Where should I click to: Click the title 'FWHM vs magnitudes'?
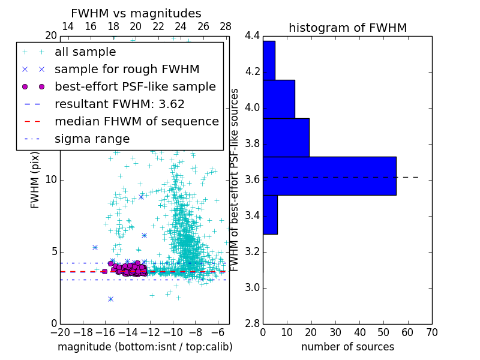(x=136, y=14)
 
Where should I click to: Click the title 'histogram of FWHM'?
(x=347, y=28)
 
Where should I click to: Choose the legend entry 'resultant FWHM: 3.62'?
(x=119, y=104)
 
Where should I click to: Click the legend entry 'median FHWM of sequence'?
(x=136, y=122)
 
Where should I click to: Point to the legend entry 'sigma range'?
(x=92, y=139)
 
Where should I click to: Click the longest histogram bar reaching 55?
(x=329, y=176)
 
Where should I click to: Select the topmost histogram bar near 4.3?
(x=269, y=60)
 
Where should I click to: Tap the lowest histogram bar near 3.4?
(x=270, y=214)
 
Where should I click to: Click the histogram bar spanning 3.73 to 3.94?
(x=286, y=137)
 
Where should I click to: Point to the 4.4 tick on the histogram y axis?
(x=252, y=36)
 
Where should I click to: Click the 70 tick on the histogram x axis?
(x=431, y=332)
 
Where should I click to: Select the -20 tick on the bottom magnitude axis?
(x=60, y=332)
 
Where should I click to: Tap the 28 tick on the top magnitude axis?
(x=226, y=27)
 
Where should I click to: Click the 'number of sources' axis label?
(x=347, y=347)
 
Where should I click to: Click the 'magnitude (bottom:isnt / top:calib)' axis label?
(x=145, y=347)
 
